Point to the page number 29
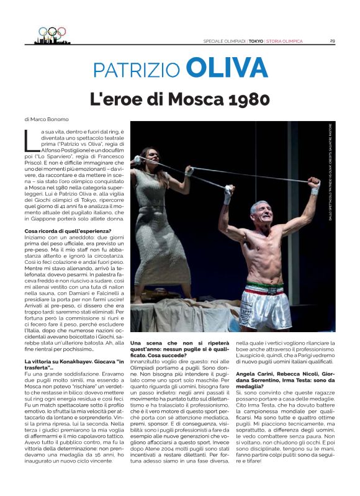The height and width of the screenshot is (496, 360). pyautogui.click(x=332, y=42)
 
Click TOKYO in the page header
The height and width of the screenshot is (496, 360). pyautogui.click(x=256, y=42)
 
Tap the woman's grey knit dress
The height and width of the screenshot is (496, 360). pyautogui.click(x=151, y=230)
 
